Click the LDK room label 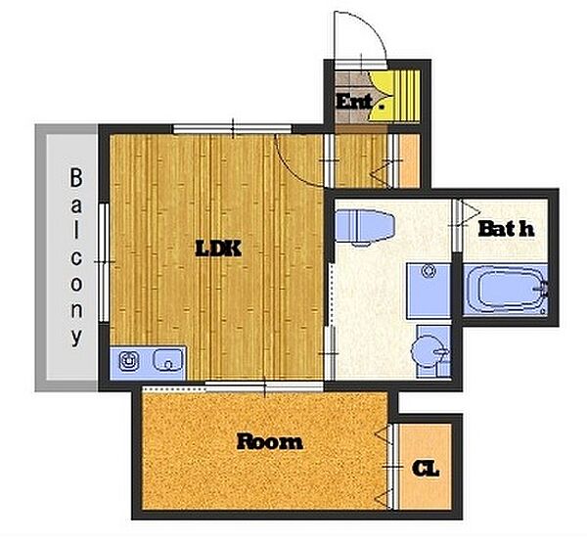[x=218, y=249]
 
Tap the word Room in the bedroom [x=270, y=442]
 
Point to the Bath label [x=506, y=228]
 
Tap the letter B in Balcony [x=76, y=178]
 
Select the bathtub [x=506, y=289]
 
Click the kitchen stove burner [x=129, y=360]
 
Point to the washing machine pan [x=429, y=291]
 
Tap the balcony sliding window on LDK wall [x=104, y=262]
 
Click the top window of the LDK [x=232, y=129]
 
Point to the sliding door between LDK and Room [x=264, y=385]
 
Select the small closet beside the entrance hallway [x=410, y=160]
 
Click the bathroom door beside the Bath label [x=457, y=225]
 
